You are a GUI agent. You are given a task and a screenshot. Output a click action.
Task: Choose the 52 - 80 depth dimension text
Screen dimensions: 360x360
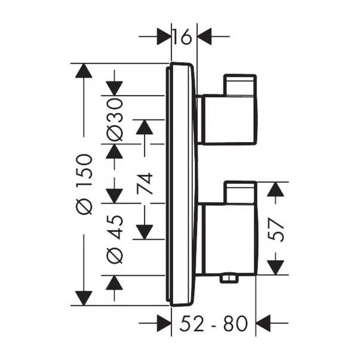pyautogui.click(x=213, y=324)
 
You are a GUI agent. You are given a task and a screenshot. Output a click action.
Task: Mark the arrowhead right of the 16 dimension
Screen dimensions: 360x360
pyautogui.click(x=205, y=38)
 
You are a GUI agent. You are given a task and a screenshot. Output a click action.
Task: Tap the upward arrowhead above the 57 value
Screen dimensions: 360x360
pyautogui.click(x=275, y=190)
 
